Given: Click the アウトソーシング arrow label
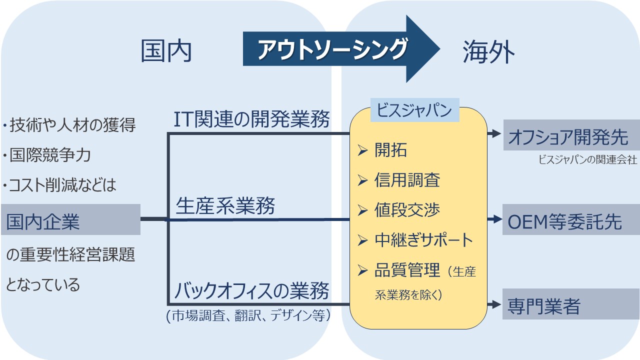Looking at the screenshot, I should pyautogui.click(x=332, y=49).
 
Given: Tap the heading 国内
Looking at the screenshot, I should pyautogui.click(x=166, y=51).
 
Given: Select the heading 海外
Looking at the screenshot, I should pyautogui.click(x=488, y=51).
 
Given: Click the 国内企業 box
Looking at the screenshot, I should pyautogui.click(x=70, y=219).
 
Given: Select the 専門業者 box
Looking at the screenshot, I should pyautogui.click(x=570, y=304).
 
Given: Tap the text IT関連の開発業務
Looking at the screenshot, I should pyautogui.click(x=251, y=119).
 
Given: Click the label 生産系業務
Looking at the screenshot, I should pyautogui.click(x=225, y=205).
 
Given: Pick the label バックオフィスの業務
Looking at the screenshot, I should pyautogui.click(x=252, y=290).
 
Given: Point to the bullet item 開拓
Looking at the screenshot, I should pyautogui.click(x=390, y=150).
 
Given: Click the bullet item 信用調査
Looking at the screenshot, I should pyautogui.click(x=407, y=180).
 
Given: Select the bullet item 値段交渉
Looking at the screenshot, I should pyautogui.click(x=407, y=210).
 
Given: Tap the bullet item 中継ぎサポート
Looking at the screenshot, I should pyautogui.click(x=423, y=240).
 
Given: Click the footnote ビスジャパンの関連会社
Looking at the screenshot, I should pyautogui.click(x=587, y=160).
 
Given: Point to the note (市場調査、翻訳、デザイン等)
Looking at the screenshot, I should pyautogui.click(x=248, y=316).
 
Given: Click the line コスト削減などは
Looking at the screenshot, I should pyautogui.click(x=62, y=185).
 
